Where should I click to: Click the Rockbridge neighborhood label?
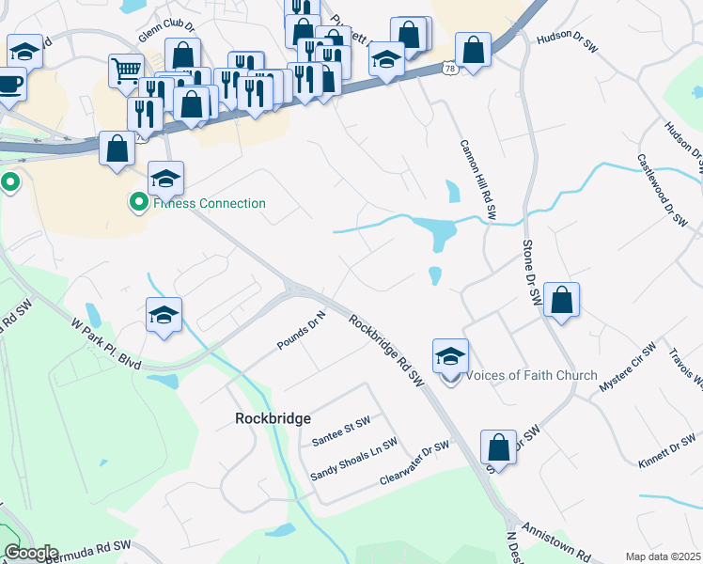tap(272, 418)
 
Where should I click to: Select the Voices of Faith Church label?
tap(531, 375)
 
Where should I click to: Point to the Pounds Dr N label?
tap(301, 332)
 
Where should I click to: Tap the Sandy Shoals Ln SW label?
tap(354, 460)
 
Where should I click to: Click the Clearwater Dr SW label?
tap(414, 463)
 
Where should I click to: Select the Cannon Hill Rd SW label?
tap(477, 181)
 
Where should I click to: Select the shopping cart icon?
tap(126, 70)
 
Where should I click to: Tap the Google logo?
tap(31, 553)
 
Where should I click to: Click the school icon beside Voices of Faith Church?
tap(450, 357)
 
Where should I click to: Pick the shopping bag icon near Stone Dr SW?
tap(560, 301)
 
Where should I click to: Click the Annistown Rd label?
tap(555, 542)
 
